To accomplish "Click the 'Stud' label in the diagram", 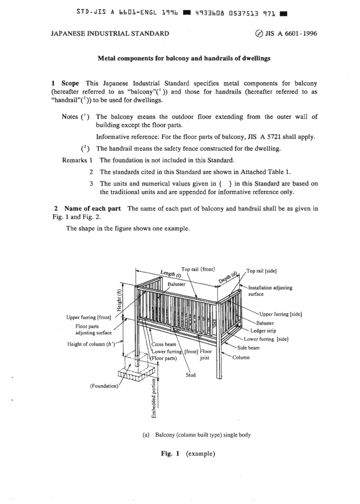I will coord(191,375).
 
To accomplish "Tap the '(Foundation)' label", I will coord(104,386).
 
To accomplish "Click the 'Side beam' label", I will coord(248,348).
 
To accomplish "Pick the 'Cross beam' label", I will coord(164,344).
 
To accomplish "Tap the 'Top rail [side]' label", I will coord(261,271).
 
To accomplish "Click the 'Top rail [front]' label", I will coord(198,269).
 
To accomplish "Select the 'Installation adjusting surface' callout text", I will coord(270,291).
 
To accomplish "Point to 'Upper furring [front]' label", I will coord(89,317).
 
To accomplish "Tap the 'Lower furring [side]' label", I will coord(266,339).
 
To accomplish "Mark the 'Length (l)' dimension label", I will coord(171,273).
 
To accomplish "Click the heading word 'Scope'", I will coord(70,83).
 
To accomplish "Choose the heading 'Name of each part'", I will coord(92,208).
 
